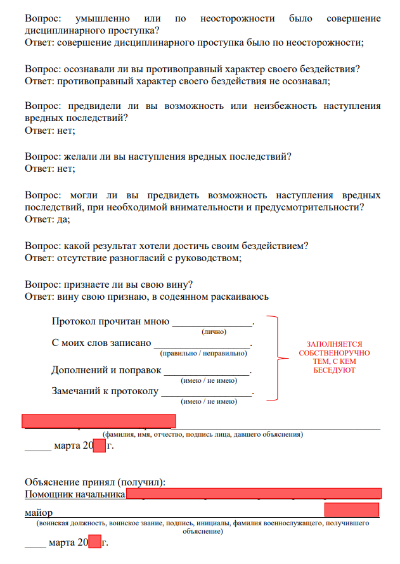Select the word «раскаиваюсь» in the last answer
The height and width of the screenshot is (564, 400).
click(244, 296)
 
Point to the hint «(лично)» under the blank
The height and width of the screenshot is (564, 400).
click(214, 331)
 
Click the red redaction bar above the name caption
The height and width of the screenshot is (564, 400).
click(99, 421)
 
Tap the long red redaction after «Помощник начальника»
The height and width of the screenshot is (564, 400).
click(254, 494)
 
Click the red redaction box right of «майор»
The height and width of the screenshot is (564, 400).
click(351, 510)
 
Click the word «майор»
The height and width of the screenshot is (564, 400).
click(38, 511)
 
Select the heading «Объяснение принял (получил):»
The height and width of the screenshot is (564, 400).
click(95, 482)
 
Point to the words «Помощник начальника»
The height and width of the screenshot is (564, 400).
click(75, 494)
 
